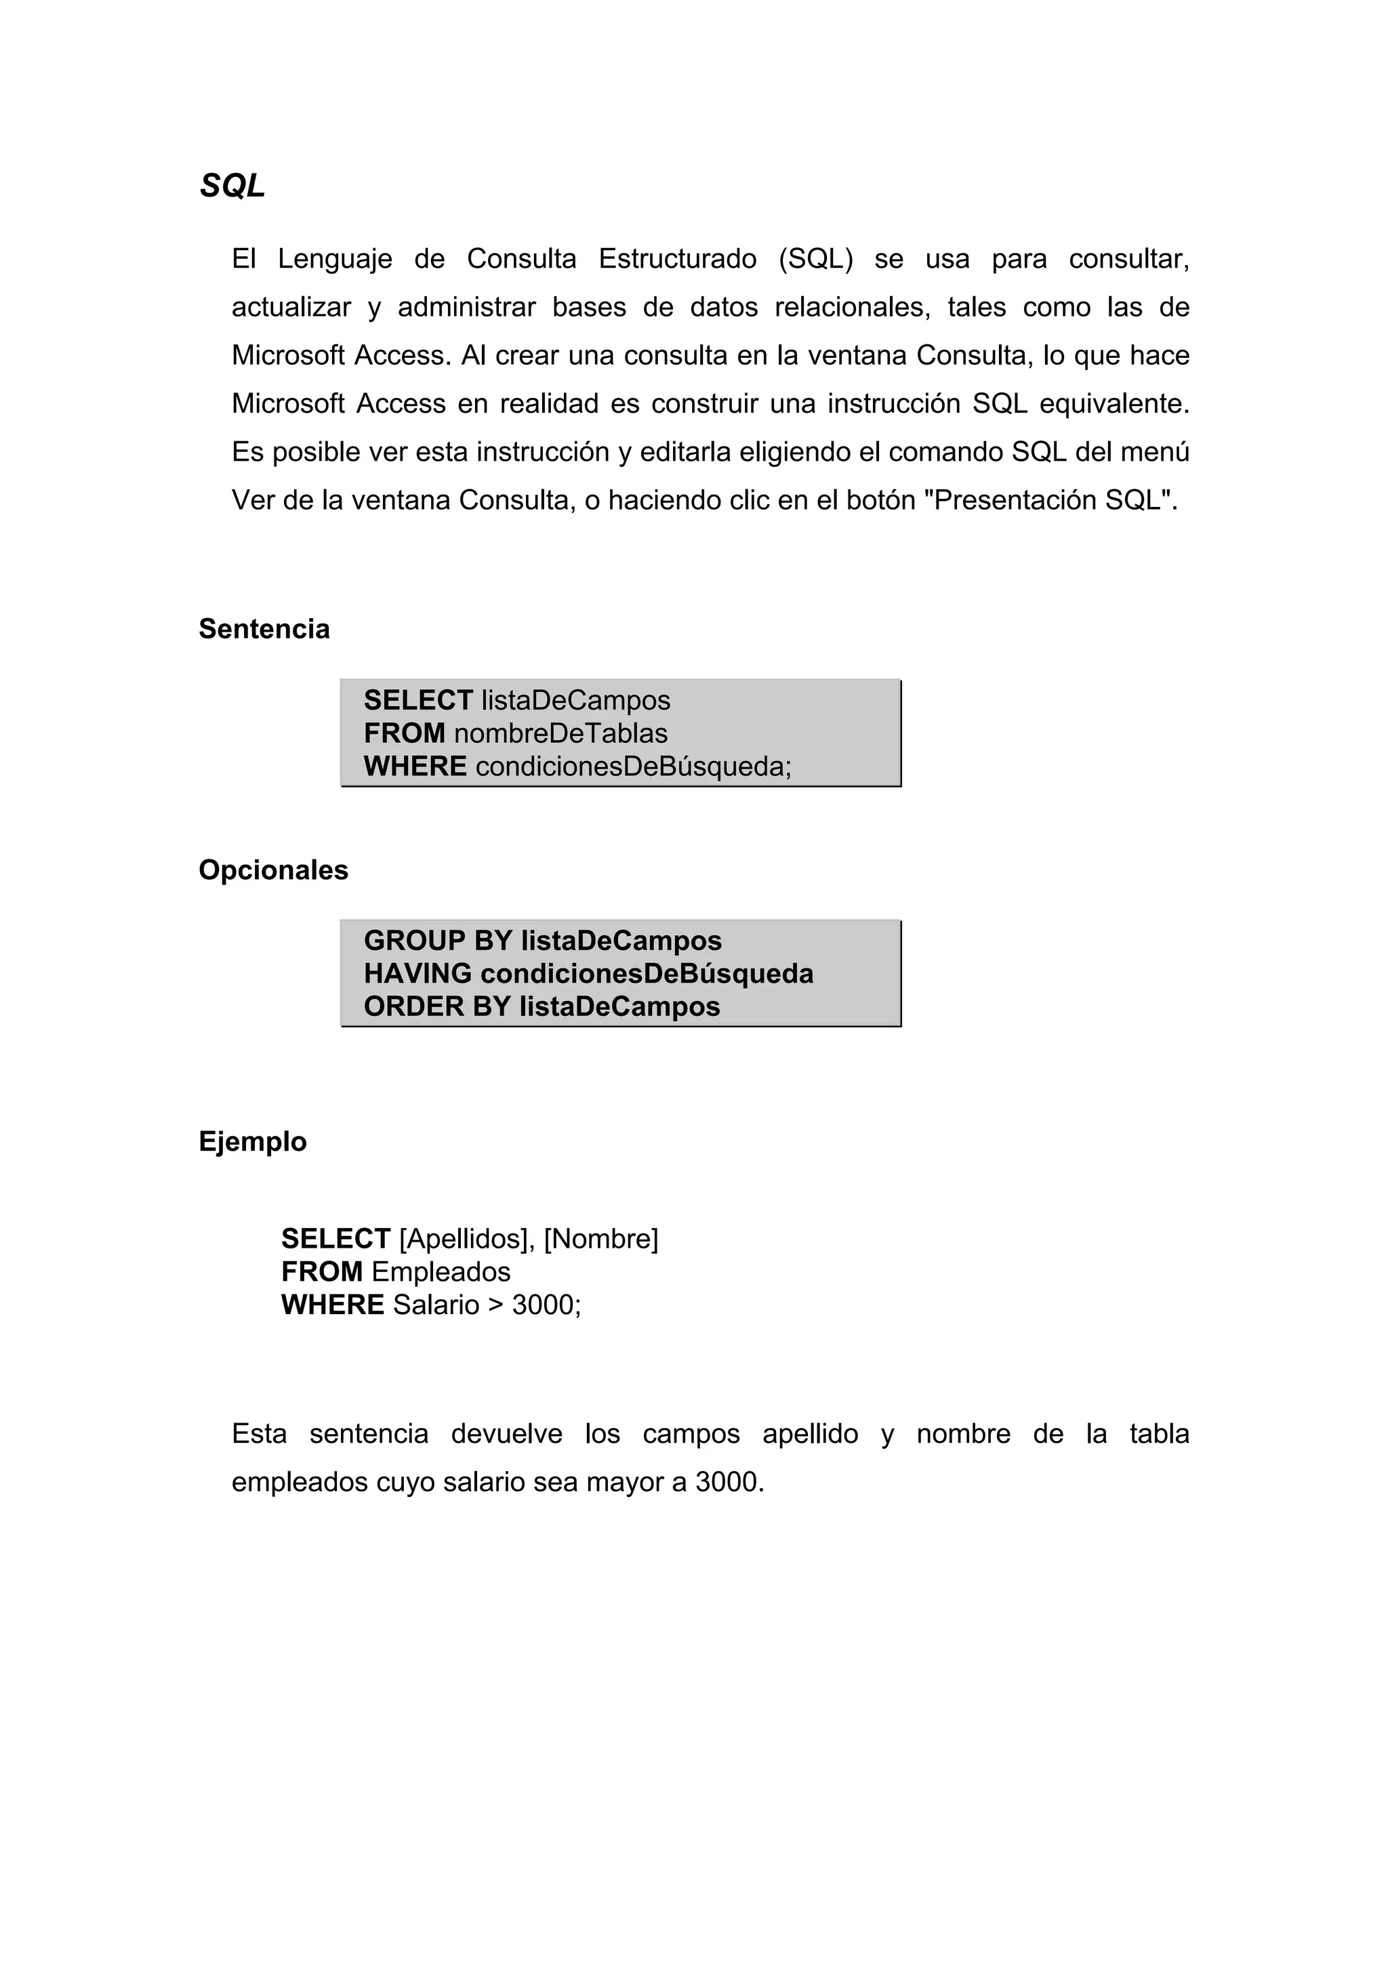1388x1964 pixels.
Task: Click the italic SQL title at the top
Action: click(232, 186)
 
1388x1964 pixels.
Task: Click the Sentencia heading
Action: click(264, 630)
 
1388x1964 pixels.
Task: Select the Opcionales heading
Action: click(273, 870)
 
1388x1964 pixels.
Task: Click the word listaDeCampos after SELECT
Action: click(575, 701)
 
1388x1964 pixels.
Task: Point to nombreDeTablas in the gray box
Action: click(560, 733)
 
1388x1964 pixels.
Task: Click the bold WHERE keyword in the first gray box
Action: click(415, 766)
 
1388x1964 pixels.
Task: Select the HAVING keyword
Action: click(417, 973)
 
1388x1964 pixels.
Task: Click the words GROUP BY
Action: click(437, 941)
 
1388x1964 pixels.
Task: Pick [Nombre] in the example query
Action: click(600, 1239)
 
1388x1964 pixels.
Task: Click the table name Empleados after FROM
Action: click(441, 1272)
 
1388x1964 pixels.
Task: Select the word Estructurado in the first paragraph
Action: click(676, 258)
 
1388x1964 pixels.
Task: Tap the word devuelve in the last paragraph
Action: click(506, 1433)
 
